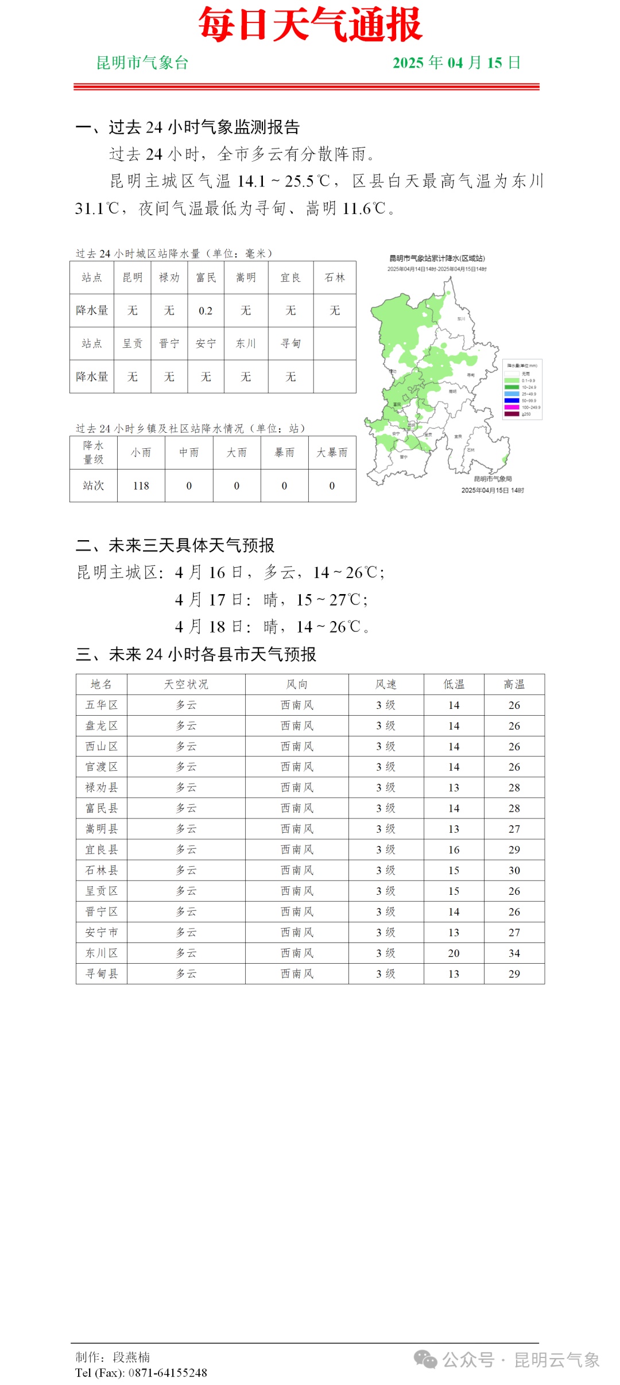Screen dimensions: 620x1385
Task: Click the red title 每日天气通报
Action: [x=310, y=26]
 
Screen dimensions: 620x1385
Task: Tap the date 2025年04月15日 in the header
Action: [x=456, y=63]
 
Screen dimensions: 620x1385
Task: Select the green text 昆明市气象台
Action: [x=142, y=63]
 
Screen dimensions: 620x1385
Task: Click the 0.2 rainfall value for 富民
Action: [x=206, y=311]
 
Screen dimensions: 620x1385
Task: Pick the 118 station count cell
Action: [x=141, y=486]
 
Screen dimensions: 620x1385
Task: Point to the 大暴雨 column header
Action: [x=332, y=453]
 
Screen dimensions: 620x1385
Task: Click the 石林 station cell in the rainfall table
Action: [x=335, y=278]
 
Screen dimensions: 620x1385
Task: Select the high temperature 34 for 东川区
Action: [x=514, y=953]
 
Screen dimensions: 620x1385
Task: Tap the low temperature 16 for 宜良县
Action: [x=454, y=850]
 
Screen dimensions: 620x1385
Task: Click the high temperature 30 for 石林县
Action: [x=514, y=871]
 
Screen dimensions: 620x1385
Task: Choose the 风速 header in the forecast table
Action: [x=386, y=685]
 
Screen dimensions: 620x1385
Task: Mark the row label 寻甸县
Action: [x=102, y=974]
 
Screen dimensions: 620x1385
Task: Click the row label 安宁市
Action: [x=102, y=933]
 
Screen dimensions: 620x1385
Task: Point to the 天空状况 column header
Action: [x=186, y=685]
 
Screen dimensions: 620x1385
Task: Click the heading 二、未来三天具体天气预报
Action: [x=175, y=545]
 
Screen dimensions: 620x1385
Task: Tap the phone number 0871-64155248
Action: [x=168, y=1373]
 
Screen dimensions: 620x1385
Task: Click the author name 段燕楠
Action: [x=131, y=1357]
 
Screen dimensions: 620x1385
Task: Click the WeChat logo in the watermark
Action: [x=425, y=1359]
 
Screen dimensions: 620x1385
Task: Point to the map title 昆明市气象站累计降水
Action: [x=437, y=259]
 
